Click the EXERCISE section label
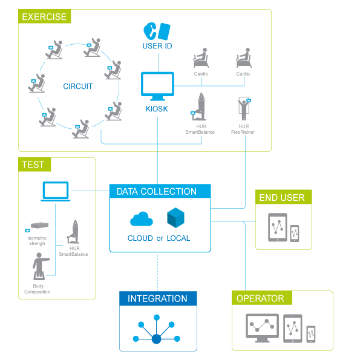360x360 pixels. [44, 16]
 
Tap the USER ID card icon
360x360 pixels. [157, 31]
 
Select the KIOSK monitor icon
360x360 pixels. [157, 87]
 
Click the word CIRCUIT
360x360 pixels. [78, 87]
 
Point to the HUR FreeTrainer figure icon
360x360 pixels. [244, 109]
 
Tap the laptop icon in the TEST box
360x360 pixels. [55, 191]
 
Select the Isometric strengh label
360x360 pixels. [37, 241]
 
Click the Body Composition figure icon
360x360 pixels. [41, 266]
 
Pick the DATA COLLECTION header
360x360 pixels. [160, 191]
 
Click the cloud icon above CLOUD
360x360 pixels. [142, 219]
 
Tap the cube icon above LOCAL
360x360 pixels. [175, 218]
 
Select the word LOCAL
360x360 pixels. [178, 238]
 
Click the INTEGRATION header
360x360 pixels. [158, 298]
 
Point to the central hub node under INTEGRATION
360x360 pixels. [157, 339]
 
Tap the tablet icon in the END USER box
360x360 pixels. [278, 227]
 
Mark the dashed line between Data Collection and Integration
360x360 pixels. [157, 272]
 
